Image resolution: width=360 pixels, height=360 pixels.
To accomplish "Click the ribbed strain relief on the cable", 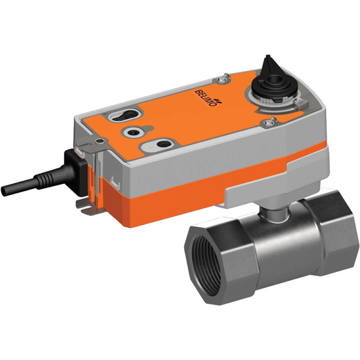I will pos(45,177).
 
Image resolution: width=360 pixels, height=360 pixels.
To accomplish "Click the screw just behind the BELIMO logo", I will pos(223,77).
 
